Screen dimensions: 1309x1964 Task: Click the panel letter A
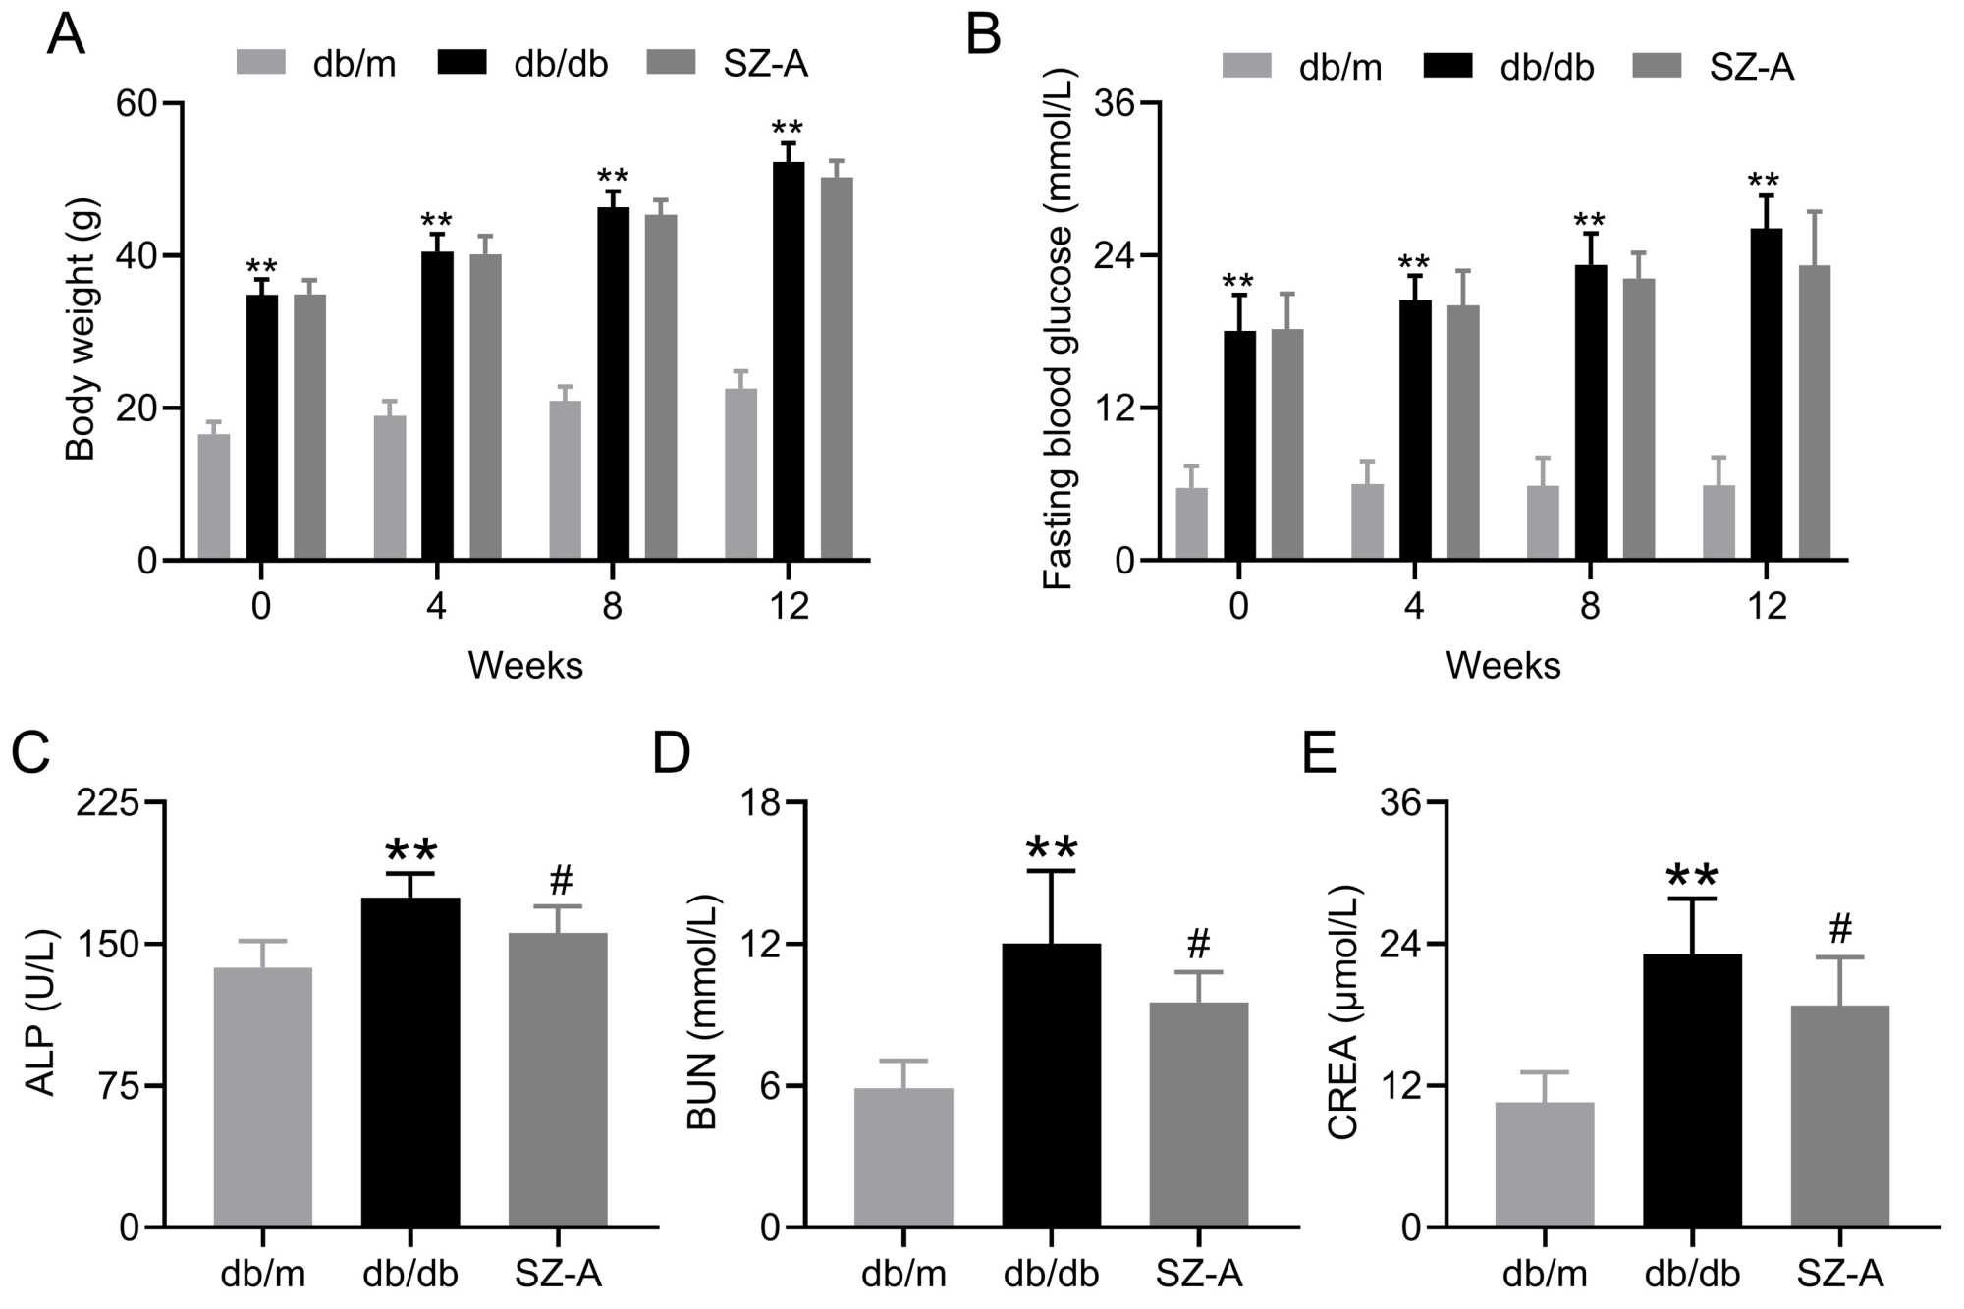[66, 34]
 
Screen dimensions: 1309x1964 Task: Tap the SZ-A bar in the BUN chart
[1199, 1114]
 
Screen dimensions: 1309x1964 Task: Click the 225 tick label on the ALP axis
[108, 803]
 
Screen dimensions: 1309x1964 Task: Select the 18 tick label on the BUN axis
[760, 803]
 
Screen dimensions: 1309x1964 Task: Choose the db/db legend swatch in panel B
[1446, 66]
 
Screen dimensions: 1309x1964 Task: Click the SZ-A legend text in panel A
[765, 64]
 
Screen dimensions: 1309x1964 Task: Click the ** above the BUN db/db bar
[1051, 847]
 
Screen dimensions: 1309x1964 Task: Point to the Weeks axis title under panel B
[1502, 666]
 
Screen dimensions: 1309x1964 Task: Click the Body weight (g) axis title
[81, 330]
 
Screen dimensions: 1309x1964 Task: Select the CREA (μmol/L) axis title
[1342, 1011]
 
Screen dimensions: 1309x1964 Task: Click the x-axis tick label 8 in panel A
[612, 606]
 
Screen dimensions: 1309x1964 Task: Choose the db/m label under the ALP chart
[262, 1274]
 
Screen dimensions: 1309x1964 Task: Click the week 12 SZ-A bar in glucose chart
[1814, 412]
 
